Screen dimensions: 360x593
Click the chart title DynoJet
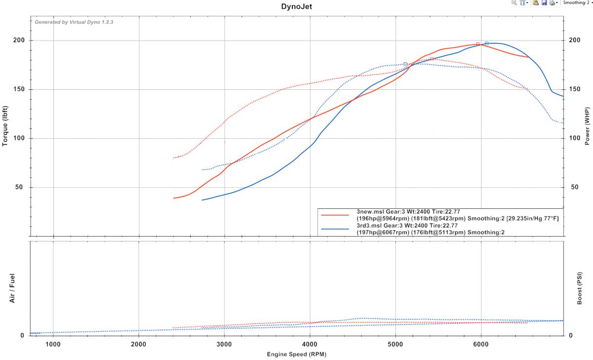tap(296, 7)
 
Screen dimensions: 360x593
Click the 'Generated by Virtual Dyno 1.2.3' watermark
tap(74, 22)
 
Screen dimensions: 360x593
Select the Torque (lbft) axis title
tap(5, 125)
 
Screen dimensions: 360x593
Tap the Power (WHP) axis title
tap(587, 125)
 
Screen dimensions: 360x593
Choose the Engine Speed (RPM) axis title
tap(296, 354)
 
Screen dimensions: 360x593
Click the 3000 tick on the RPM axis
tap(224, 344)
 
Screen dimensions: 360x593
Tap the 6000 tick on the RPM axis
tap(481, 344)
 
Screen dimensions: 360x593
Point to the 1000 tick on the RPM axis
tap(53, 344)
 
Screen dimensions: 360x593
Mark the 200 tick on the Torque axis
tap(19, 40)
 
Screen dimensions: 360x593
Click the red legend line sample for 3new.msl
tap(335, 215)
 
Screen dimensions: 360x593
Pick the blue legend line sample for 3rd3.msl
tap(335, 229)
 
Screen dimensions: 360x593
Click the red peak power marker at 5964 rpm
tap(478, 44)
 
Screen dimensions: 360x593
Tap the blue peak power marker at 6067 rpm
tap(487, 43)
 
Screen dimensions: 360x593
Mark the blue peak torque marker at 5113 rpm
tap(405, 64)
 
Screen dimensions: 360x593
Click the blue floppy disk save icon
tap(544, 3)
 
